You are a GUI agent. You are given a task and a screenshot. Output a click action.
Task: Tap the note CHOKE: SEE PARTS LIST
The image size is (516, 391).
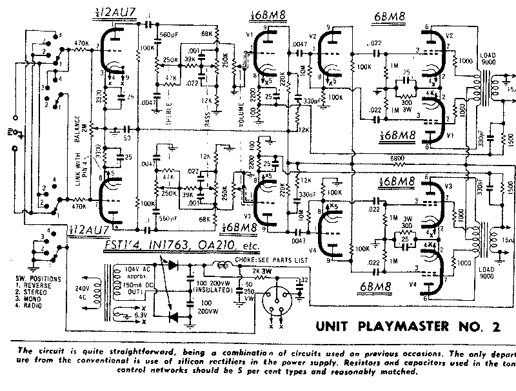271,260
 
